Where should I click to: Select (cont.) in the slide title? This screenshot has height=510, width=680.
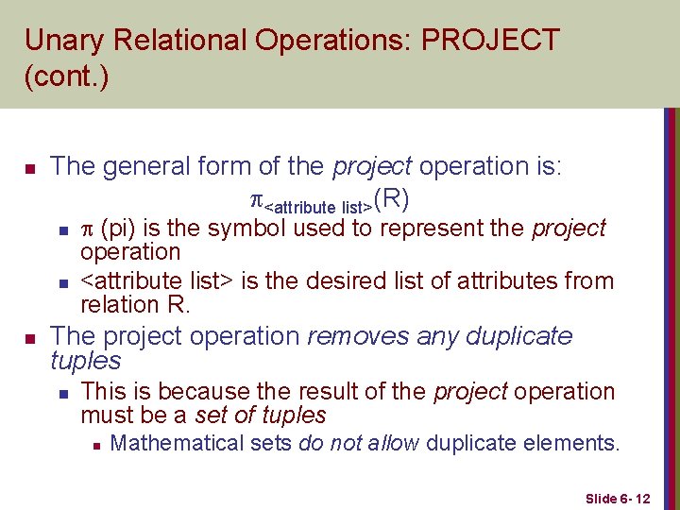(66, 76)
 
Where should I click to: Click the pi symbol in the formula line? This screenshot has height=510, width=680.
(254, 199)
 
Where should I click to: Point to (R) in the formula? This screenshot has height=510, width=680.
(391, 198)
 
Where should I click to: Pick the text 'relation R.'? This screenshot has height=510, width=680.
(135, 304)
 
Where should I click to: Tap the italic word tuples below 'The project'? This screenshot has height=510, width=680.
(85, 361)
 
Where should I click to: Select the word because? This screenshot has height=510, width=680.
(193, 391)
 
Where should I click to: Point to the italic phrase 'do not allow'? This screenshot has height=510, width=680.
(359, 443)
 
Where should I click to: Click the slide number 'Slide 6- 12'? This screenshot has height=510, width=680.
(618, 498)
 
